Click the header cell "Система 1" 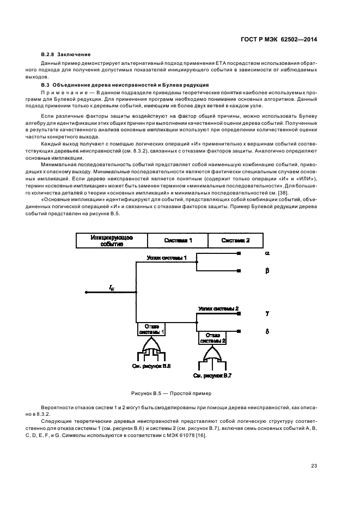177,240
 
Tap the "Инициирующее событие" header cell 112,241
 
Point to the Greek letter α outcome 267,253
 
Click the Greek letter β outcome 267,270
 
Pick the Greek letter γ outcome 267,313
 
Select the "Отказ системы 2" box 213,337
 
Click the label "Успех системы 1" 167,257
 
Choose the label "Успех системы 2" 218,309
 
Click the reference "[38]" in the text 283,193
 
